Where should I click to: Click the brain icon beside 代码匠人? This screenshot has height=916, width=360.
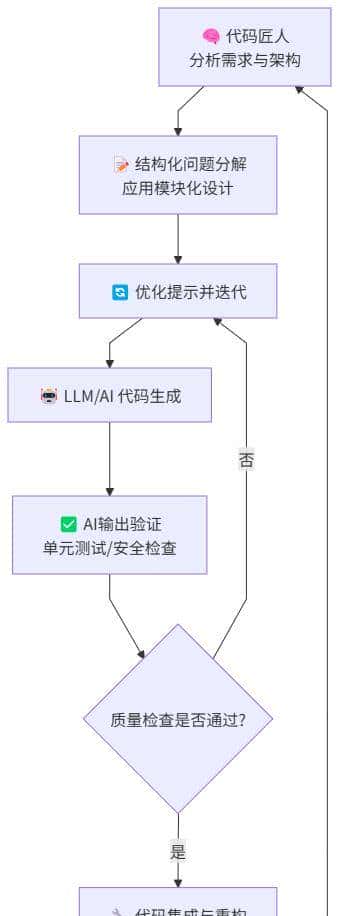[211, 37]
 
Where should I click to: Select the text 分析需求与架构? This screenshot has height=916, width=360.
[245, 60]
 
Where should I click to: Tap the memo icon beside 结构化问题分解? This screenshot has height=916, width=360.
[122, 164]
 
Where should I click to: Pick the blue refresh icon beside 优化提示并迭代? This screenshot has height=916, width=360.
[120, 292]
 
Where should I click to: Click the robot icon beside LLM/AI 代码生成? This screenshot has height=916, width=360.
[48, 395]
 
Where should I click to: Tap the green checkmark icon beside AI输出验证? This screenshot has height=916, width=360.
[69, 523]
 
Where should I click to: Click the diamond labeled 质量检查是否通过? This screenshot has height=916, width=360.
[178, 718]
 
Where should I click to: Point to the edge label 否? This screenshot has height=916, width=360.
[246, 461]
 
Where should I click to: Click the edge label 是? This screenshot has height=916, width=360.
[178, 852]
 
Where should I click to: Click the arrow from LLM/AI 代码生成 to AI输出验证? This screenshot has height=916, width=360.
[109, 458]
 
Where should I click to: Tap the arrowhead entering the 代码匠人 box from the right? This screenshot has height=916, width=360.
[299, 90]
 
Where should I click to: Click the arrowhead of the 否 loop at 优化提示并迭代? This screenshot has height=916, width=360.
[217, 323]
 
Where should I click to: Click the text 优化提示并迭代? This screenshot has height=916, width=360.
[190, 292]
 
